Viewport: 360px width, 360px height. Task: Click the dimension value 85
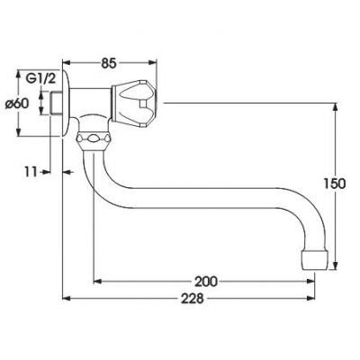pos(108,63)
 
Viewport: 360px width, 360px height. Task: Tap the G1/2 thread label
pos(40,79)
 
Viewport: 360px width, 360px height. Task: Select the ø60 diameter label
pos(17,103)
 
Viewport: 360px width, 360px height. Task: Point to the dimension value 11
pos(31,172)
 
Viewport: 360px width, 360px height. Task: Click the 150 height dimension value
pos(335,184)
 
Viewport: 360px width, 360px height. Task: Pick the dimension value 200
pos(206,282)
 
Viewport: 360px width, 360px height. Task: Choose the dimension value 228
pos(193,299)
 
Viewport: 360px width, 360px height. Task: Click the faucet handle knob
pos(134,103)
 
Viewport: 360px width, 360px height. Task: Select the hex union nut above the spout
pos(94,139)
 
